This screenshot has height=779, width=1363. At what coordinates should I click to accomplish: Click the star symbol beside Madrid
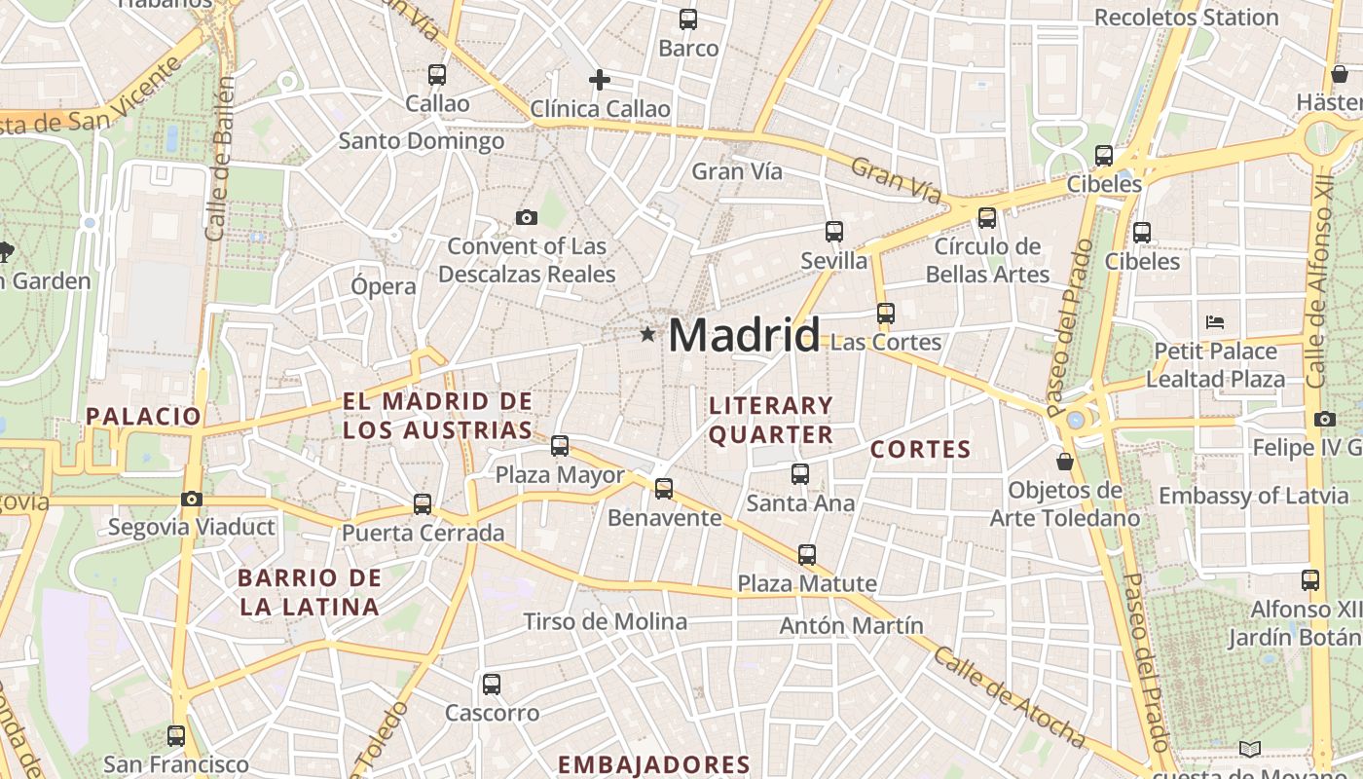(x=647, y=335)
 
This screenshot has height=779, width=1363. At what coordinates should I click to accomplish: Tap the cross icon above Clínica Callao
(x=600, y=80)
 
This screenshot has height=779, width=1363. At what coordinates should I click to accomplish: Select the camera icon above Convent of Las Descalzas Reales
(x=527, y=217)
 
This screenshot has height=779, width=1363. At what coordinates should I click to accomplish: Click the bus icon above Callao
(x=437, y=74)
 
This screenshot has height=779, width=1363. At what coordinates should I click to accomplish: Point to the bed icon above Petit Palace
(x=1215, y=321)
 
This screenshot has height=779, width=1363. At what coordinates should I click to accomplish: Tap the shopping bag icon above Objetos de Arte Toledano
(x=1065, y=461)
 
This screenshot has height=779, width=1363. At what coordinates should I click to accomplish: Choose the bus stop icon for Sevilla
(x=834, y=231)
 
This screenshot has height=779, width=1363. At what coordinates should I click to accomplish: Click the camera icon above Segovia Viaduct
(x=192, y=499)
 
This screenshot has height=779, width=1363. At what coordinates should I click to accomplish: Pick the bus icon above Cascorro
(x=492, y=684)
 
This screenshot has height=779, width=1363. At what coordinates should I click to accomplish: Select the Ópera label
(x=384, y=286)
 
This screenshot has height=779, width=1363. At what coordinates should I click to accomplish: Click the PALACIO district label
(x=143, y=417)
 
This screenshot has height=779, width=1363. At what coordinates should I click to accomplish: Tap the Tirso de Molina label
(x=605, y=621)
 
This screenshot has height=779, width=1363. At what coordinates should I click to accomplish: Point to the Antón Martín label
(x=851, y=625)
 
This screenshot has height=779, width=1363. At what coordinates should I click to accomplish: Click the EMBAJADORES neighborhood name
(x=654, y=764)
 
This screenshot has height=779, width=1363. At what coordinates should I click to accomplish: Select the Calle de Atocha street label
(x=1009, y=697)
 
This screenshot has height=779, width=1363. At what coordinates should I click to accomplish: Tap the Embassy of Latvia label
(x=1253, y=496)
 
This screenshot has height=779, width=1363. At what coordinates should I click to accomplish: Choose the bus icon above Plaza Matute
(x=807, y=554)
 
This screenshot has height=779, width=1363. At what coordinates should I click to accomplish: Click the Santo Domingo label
(x=422, y=141)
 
